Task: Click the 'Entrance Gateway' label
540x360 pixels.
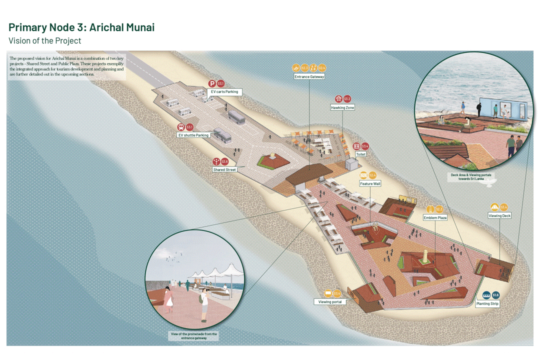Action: coord(309,77)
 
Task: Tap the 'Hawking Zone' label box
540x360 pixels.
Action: coord(342,107)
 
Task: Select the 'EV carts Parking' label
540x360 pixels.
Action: coord(224,92)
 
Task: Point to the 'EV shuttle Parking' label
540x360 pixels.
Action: coord(193,135)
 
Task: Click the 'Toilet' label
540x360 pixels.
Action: coord(360,154)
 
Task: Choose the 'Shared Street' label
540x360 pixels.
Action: coord(224,170)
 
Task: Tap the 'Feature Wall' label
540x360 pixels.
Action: coord(370,184)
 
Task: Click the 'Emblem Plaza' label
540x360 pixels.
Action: coord(435,218)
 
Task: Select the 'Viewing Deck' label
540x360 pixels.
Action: coord(499,215)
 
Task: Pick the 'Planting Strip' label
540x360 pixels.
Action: coord(487,304)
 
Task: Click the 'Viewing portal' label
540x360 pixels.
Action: coord(330,302)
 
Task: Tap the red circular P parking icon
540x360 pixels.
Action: coord(212,84)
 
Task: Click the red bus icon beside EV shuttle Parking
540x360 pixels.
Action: coord(180,127)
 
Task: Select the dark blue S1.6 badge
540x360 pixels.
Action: coord(495,295)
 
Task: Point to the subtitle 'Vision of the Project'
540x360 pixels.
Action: coord(44,40)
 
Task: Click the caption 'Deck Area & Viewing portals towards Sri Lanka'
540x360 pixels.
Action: coord(470,176)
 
